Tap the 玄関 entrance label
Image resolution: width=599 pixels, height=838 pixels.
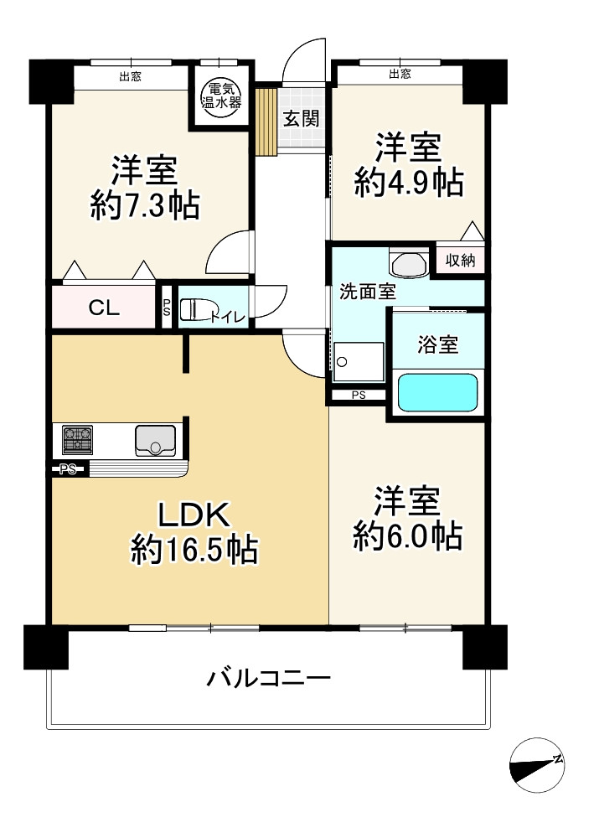pos(300,118)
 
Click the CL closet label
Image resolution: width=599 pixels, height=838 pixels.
pos(105,308)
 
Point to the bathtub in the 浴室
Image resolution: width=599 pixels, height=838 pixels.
pos(437,392)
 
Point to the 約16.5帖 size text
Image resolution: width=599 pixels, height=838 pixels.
pos(194,551)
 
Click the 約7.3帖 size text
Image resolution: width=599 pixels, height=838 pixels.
pos(145,204)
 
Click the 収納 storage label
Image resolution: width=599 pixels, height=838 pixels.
pos(460,261)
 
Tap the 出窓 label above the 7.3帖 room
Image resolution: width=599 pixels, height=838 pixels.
pos(130,77)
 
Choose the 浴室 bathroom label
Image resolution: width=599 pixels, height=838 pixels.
pos(438,344)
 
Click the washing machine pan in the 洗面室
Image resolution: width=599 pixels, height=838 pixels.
pos(359,362)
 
